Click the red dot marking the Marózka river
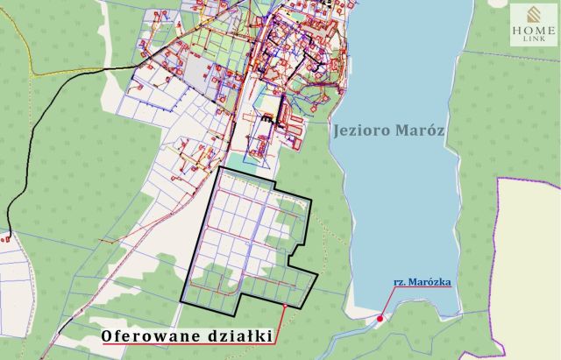tap(380, 319)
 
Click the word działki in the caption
tap(236, 335)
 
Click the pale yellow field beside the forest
tap(530, 263)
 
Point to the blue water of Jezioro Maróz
tap(394, 201)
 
